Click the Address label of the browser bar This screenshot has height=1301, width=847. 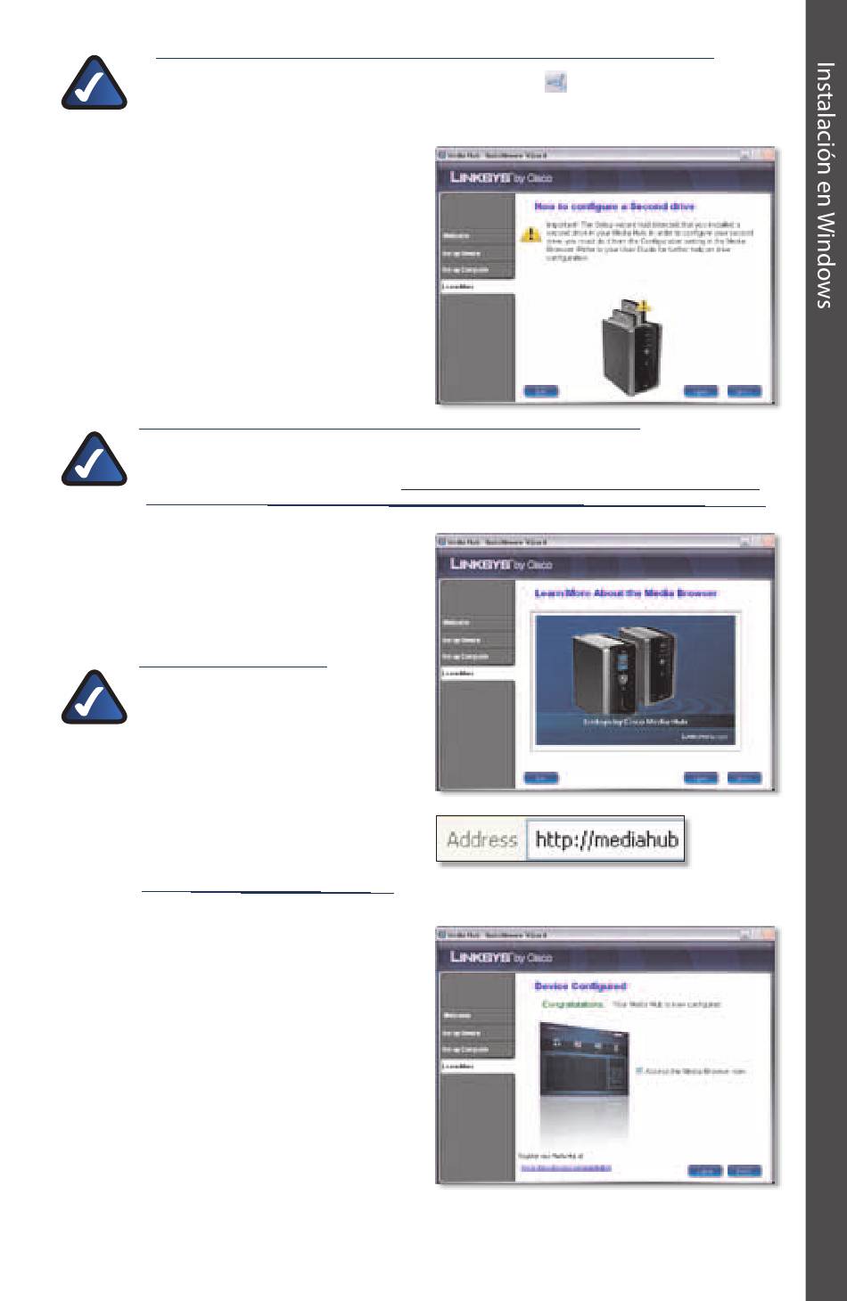pyautogui.click(x=481, y=839)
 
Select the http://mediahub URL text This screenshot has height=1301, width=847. pyautogui.click(x=606, y=839)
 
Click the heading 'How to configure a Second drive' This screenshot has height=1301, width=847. pyautogui.click(x=614, y=207)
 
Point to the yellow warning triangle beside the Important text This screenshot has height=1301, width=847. pyautogui.click(x=531, y=234)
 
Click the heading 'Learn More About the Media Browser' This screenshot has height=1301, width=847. pyautogui.click(x=625, y=593)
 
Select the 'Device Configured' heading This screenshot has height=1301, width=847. pyautogui.click(x=580, y=986)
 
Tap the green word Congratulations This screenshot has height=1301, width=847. pyautogui.click(x=572, y=1004)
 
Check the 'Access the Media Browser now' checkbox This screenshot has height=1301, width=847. pyautogui.click(x=639, y=1070)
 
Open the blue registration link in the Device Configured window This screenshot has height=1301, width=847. pyautogui.click(x=566, y=1167)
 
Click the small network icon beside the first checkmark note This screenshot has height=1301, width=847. pyautogui.click(x=555, y=83)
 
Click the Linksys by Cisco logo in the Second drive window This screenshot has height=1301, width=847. pyautogui.click(x=501, y=177)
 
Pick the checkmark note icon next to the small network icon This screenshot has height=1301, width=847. pyautogui.click(x=94, y=84)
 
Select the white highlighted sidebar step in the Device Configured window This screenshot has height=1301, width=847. pyautogui.click(x=477, y=1066)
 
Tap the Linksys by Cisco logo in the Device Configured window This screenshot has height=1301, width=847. pyautogui.click(x=501, y=957)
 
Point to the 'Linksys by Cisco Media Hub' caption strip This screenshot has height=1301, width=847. pyautogui.click(x=635, y=722)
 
